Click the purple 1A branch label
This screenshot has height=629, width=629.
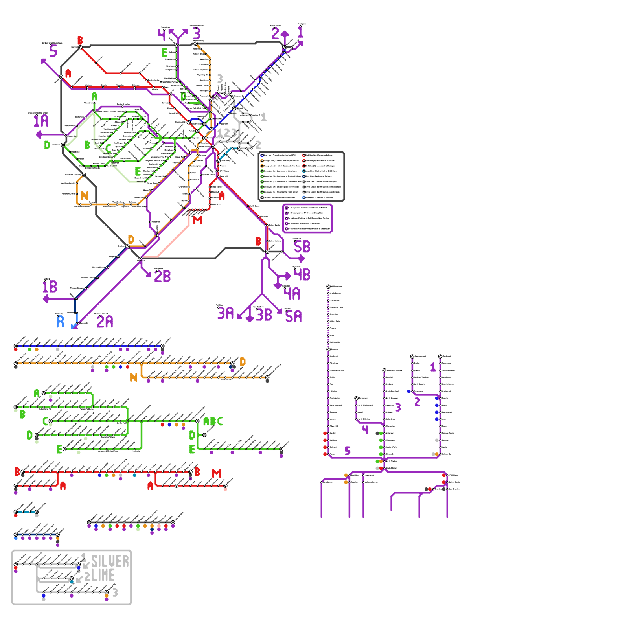pos(41,121)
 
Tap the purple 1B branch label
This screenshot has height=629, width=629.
pos(50,287)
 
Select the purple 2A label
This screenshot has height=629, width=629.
pos(105,322)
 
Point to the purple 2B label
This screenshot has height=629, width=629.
pos(162,276)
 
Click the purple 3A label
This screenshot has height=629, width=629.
pos(226,313)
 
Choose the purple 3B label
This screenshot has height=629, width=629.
pos(264,315)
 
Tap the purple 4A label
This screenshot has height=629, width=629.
pos(292,294)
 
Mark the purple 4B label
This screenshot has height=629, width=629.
pos(302,274)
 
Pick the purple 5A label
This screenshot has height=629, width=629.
pos(294,316)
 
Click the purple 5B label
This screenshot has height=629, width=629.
pos(302,247)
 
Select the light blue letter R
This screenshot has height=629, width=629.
pos(60,322)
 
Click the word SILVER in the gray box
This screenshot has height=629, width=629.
pos(110,561)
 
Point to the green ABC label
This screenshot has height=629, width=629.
pos(213,421)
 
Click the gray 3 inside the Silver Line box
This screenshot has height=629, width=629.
pos(115,592)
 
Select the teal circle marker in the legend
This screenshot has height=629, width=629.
pos(304,171)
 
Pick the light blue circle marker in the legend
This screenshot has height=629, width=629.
pos(304,197)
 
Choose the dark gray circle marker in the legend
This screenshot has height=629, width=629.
pos(262,197)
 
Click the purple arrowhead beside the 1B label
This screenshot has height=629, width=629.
pos(46,299)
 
